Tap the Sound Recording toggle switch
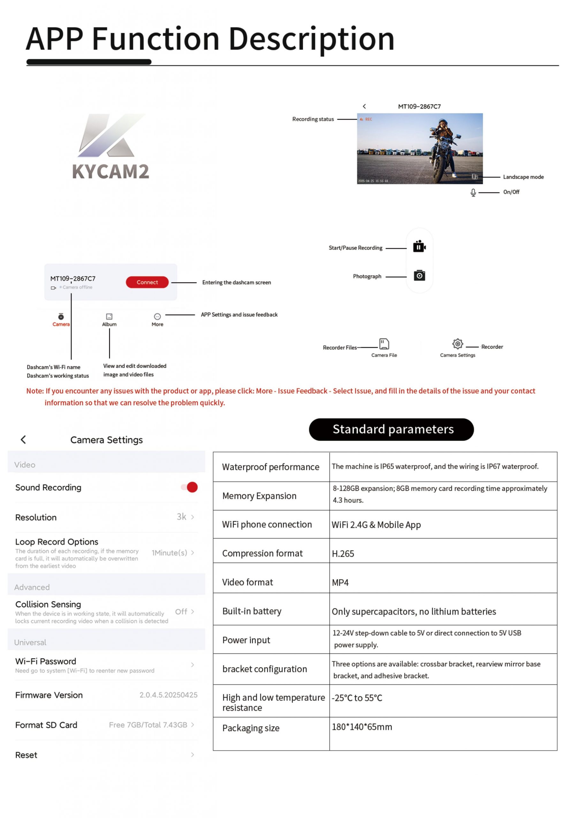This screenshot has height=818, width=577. coord(189,487)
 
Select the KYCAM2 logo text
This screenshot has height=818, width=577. coord(111,171)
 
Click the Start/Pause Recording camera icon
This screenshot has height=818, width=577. coord(419,247)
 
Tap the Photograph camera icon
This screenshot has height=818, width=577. coord(419,275)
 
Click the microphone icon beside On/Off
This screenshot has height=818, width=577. coord(473,193)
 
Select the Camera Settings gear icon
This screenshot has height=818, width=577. coord(457,343)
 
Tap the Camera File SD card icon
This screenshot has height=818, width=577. coord(384,344)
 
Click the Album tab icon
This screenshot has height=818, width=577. coord(109,316)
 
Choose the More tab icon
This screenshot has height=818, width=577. coord(157,316)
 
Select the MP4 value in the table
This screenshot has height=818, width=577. coord(340,583)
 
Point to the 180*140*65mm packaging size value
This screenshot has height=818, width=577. coord(362,727)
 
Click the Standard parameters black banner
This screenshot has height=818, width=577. coord(391,429)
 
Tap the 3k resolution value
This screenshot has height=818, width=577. coord(182,517)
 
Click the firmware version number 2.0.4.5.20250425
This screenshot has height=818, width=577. coord(168,695)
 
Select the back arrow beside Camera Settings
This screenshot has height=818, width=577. coord(24,440)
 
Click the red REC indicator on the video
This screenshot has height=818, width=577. coord(367,120)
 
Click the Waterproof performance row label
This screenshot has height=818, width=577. coord(270,467)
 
